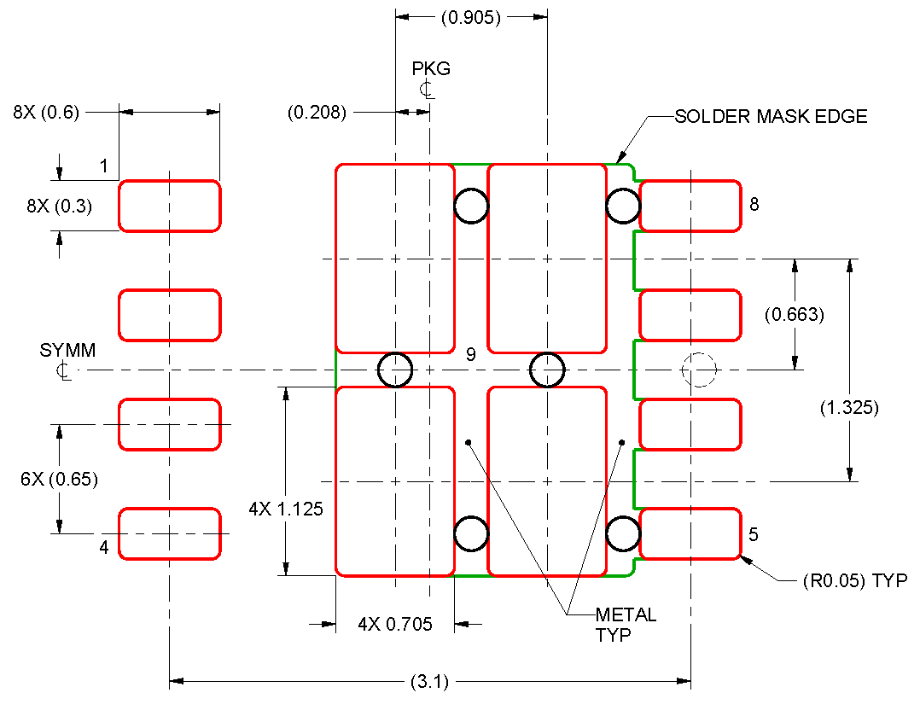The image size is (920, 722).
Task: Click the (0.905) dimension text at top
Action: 470,17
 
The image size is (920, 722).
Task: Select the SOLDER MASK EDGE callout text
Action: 770,117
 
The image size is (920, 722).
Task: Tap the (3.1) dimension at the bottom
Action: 429,682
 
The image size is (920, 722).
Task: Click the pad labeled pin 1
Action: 169,206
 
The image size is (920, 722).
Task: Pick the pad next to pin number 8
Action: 690,206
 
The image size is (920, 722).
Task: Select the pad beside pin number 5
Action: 690,534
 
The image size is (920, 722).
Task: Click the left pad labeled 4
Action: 169,534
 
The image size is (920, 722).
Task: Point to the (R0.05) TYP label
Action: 854,581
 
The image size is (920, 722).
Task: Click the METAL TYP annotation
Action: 626,624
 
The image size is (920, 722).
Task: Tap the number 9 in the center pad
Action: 470,355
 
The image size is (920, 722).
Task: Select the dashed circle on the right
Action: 699,370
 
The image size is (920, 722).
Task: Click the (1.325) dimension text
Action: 848,408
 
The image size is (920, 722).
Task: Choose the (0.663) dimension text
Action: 794,315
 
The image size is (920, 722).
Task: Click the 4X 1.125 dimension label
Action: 286,509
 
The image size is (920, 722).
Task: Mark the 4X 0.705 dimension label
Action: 394,625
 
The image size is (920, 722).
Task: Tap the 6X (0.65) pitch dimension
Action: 59,479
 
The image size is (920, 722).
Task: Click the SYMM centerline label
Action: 67,351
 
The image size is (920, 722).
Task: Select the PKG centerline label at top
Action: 430,69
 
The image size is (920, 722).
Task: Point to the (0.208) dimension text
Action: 317,112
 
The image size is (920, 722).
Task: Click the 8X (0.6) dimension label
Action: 45,112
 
